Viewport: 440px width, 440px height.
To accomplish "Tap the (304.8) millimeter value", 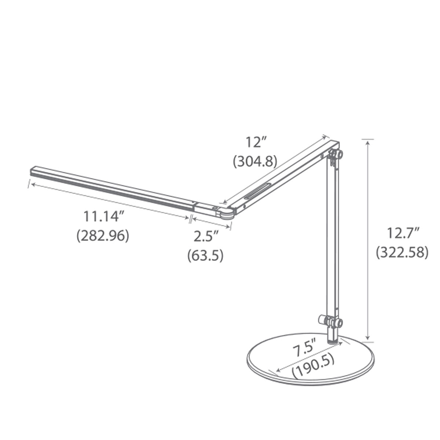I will pos(255,161).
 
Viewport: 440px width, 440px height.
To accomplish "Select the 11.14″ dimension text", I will pos(102,217).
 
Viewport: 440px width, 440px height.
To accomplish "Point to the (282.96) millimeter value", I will pos(103,235).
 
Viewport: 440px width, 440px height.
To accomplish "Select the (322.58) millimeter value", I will pos(402,252).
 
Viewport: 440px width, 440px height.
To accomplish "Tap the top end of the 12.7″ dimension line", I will pos(368,140).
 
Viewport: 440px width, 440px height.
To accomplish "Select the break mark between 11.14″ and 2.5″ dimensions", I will pos(190,219).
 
